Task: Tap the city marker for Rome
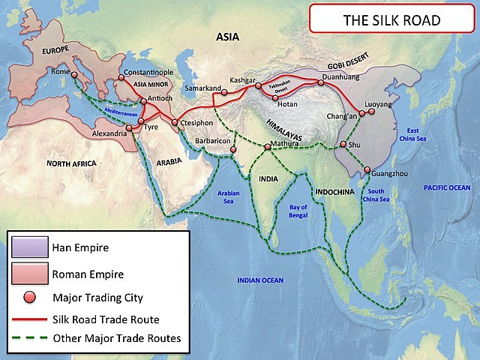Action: pos(74,74)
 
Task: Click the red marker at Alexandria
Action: pos(129,127)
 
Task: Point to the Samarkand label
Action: pos(203,88)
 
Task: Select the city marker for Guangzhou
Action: pos(366,169)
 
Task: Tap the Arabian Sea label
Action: pos(227,196)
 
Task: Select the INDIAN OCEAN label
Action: pos(259,280)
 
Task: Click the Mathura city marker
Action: pos(267,145)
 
